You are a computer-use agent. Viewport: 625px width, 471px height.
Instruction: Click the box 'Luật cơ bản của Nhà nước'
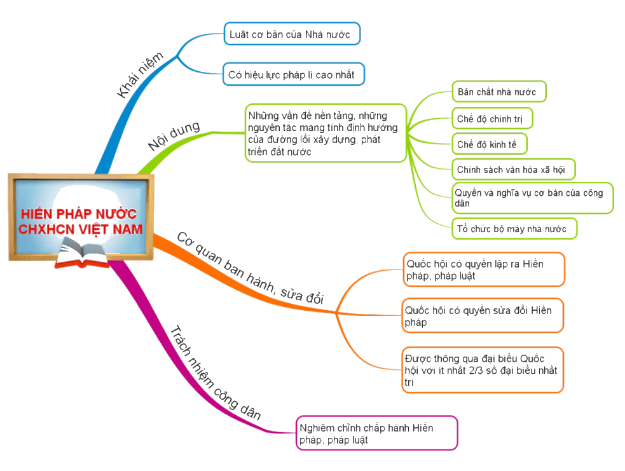(x=292, y=34)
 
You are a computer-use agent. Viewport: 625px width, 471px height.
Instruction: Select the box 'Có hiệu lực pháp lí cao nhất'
(x=293, y=74)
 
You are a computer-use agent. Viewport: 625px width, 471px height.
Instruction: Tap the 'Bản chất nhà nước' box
(x=498, y=92)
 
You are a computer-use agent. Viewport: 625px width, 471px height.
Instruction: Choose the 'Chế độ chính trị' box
(x=492, y=118)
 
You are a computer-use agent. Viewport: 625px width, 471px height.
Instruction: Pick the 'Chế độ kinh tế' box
(x=490, y=144)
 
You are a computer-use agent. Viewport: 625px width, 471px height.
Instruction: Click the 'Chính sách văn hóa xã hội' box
(x=513, y=169)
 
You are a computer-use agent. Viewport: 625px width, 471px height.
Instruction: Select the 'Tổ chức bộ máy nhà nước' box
(x=514, y=229)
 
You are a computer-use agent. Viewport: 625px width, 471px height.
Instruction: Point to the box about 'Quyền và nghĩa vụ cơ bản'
(x=532, y=198)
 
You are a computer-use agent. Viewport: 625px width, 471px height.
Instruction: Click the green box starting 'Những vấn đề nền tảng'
(x=326, y=133)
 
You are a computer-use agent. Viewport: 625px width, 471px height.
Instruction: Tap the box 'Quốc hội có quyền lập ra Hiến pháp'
(x=484, y=270)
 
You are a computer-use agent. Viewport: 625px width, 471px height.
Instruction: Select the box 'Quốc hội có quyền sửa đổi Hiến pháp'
(x=483, y=316)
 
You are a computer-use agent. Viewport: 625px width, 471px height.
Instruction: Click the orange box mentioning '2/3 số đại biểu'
(x=483, y=370)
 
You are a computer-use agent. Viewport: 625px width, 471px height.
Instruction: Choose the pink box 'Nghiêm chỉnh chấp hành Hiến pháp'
(x=376, y=433)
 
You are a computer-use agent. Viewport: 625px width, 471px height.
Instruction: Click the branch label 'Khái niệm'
(x=140, y=74)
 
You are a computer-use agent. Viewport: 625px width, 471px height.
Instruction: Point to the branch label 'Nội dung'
(x=174, y=135)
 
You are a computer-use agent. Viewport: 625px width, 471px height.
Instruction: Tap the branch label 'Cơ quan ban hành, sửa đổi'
(x=250, y=268)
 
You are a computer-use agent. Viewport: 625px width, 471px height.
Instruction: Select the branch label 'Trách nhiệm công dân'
(x=216, y=373)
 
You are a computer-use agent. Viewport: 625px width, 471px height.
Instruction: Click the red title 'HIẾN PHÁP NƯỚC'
(x=79, y=214)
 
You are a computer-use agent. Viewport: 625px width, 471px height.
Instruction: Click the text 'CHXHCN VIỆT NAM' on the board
(x=80, y=229)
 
